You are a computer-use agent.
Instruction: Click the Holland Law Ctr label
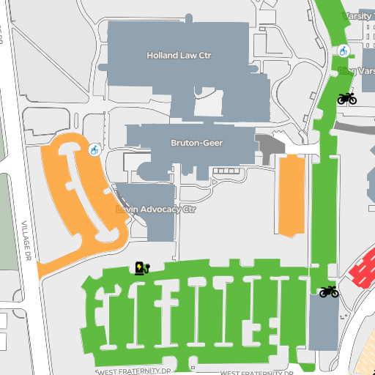(x=179, y=55)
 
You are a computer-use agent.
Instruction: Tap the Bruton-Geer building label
(x=196, y=143)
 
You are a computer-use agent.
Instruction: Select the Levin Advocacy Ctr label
(x=157, y=209)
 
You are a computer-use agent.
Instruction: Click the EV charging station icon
(x=141, y=268)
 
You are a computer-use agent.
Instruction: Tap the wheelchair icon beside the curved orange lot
(x=94, y=150)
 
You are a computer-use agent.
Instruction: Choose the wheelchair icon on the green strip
(x=343, y=51)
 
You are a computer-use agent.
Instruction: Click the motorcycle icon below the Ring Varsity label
(x=346, y=98)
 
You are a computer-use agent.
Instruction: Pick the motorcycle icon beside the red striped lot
(x=329, y=292)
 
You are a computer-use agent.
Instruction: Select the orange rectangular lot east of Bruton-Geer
(x=292, y=196)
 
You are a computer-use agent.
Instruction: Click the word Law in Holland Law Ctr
(x=188, y=55)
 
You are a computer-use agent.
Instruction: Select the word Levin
(x=127, y=209)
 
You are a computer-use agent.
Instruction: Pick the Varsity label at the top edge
(x=359, y=15)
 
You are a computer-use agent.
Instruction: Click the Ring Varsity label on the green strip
(x=357, y=71)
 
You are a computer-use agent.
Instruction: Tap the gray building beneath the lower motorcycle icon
(x=323, y=323)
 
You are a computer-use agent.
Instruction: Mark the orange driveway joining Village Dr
(x=59, y=262)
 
